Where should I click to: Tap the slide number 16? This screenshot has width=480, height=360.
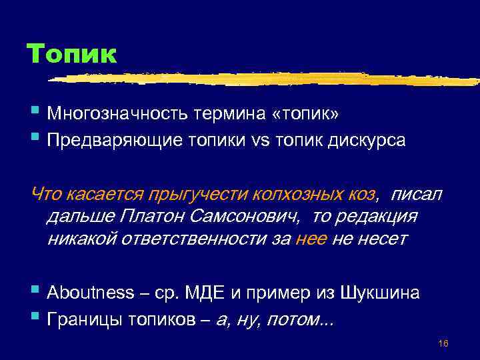pos(443,344)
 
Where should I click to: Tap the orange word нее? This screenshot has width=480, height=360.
pos(311,239)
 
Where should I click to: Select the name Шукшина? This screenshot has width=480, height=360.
pos(379,292)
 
